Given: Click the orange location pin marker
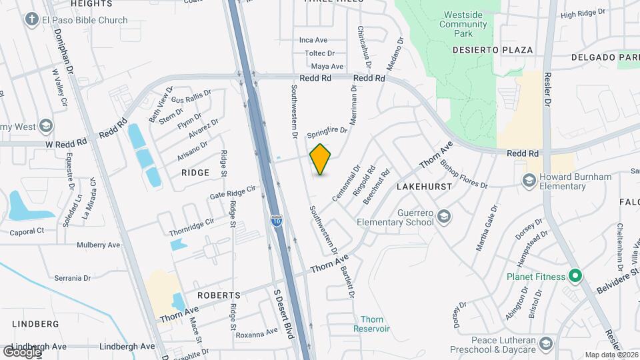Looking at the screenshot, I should click(x=321, y=159).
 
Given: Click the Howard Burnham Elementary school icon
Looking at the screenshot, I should click(x=529, y=180).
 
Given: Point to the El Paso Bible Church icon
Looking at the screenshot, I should click(x=31, y=19).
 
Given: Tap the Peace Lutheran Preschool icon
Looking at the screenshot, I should click(x=546, y=343).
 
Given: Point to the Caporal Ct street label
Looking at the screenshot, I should click(x=27, y=231).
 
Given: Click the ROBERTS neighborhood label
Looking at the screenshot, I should click(x=219, y=295).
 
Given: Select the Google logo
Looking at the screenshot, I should click(x=21, y=351).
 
